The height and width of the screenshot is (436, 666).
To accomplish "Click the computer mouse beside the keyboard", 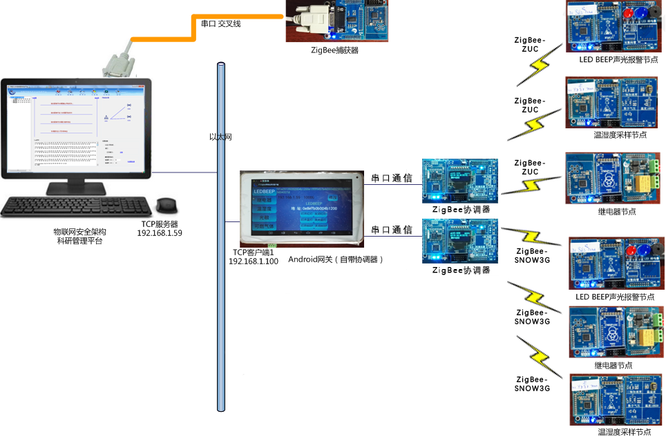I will (x=166, y=206).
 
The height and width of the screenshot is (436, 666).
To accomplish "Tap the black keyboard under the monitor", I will (x=77, y=206).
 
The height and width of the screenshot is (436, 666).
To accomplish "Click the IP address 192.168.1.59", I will (x=159, y=233).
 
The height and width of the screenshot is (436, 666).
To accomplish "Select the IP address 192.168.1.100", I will (x=254, y=261).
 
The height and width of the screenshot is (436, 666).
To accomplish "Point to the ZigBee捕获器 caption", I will (x=334, y=50).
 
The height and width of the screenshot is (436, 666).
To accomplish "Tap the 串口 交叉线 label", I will (x=220, y=23).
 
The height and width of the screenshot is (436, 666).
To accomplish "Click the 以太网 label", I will (x=220, y=137).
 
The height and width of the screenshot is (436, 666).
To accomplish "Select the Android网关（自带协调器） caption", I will (x=336, y=259).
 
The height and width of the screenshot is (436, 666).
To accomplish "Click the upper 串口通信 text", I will (x=392, y=178).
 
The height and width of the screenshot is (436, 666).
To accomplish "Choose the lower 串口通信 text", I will (x=392, y=230).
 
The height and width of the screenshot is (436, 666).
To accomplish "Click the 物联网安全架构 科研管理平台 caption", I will (x=80, y=235).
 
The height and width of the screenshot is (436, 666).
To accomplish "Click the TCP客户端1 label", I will (x=254, y=252).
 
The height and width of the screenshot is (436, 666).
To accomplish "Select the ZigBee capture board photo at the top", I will (x=337, y=21).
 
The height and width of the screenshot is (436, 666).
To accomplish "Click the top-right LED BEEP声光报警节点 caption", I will (x=618, y=60).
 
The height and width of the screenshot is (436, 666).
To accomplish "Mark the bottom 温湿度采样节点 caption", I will (x=624, y=432).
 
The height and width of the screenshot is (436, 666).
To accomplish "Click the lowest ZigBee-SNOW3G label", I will (x=533, y=384).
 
